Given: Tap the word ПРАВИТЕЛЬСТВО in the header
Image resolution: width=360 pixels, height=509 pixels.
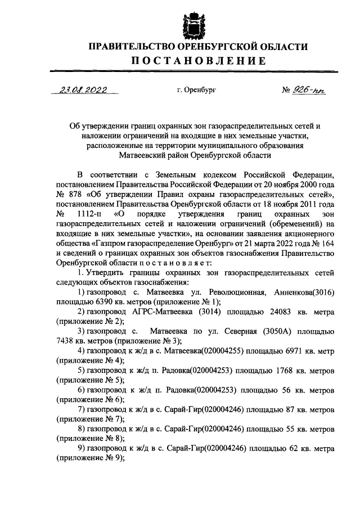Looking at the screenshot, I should pos(127,47).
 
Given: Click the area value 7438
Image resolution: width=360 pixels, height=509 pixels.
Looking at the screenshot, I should pos(66,342).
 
